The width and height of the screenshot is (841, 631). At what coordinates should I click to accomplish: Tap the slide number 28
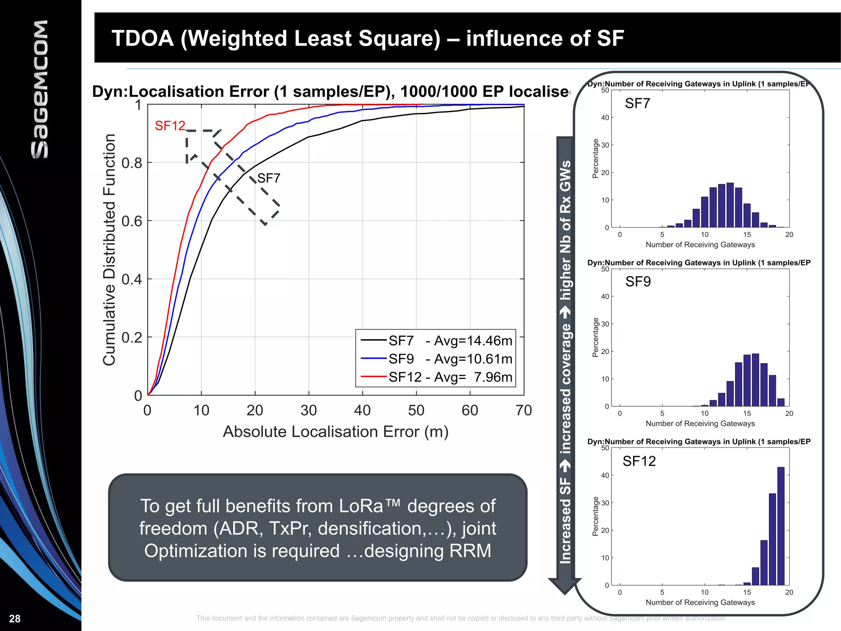(15, 619)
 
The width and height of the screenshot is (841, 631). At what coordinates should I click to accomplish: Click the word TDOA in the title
(142, 39)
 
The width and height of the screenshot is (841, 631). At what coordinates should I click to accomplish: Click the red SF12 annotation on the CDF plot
(170, 126)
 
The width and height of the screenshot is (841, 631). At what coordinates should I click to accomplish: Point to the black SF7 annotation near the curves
(269, 178)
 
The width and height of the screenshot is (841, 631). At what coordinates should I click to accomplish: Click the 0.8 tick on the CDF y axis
(131, 163)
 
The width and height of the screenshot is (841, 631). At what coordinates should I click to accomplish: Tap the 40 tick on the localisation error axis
(362, 410)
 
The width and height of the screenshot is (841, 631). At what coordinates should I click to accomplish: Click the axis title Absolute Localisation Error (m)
(335, 432)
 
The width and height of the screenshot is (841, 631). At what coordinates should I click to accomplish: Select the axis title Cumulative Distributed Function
(109, 249)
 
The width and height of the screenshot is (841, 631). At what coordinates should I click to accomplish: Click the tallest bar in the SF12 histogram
(781, 526)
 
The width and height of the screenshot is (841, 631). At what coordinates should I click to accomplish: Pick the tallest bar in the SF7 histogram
(730, 205)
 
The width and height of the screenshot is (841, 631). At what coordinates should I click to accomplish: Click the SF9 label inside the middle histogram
(638, 282)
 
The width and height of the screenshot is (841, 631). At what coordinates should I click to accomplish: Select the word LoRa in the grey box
(361, 506)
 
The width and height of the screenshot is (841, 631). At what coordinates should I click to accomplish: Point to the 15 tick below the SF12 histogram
(747, 592)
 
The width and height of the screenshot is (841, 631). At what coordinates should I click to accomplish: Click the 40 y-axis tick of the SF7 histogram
(605, 117)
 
